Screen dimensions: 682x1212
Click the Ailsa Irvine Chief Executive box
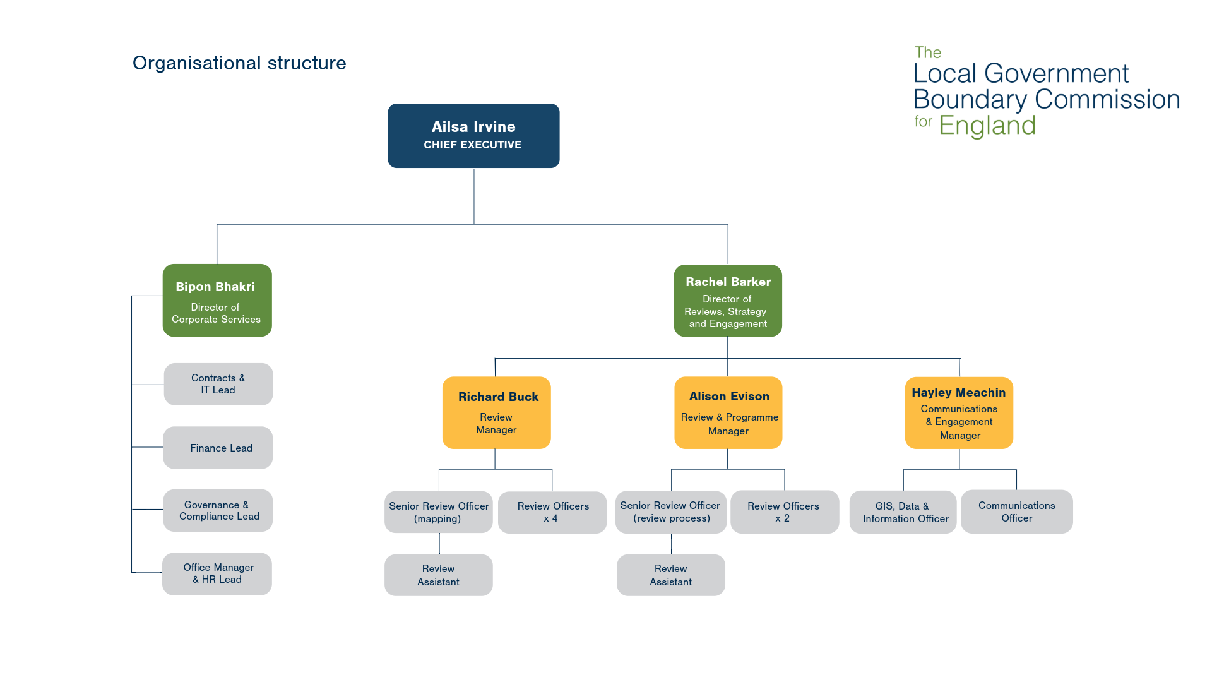[473, 136]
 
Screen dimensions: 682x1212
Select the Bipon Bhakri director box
[217, 301]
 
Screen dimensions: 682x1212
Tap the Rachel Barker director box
[728, 301]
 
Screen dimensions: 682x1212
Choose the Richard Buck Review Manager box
[497, 413]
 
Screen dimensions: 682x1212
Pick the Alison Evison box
[728, 413]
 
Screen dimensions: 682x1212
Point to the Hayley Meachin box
[959, 413]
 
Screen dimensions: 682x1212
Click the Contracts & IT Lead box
[218, 384]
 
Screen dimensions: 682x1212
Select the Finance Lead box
[218, 448]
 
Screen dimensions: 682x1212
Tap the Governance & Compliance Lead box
[218, 510]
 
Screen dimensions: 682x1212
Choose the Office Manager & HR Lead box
[217, 574]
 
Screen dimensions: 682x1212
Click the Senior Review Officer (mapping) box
[439, 512]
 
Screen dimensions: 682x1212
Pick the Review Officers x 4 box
[552, 512]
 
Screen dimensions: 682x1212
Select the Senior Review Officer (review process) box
[671, 512]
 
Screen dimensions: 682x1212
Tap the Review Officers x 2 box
[785, 512]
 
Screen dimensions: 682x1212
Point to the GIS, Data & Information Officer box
[903, 512]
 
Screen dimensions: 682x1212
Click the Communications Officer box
[1017, 512]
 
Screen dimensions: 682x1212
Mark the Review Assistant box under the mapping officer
[439, 575]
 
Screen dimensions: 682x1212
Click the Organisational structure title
[239, 63]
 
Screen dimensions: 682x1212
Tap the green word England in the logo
[987, 126]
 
